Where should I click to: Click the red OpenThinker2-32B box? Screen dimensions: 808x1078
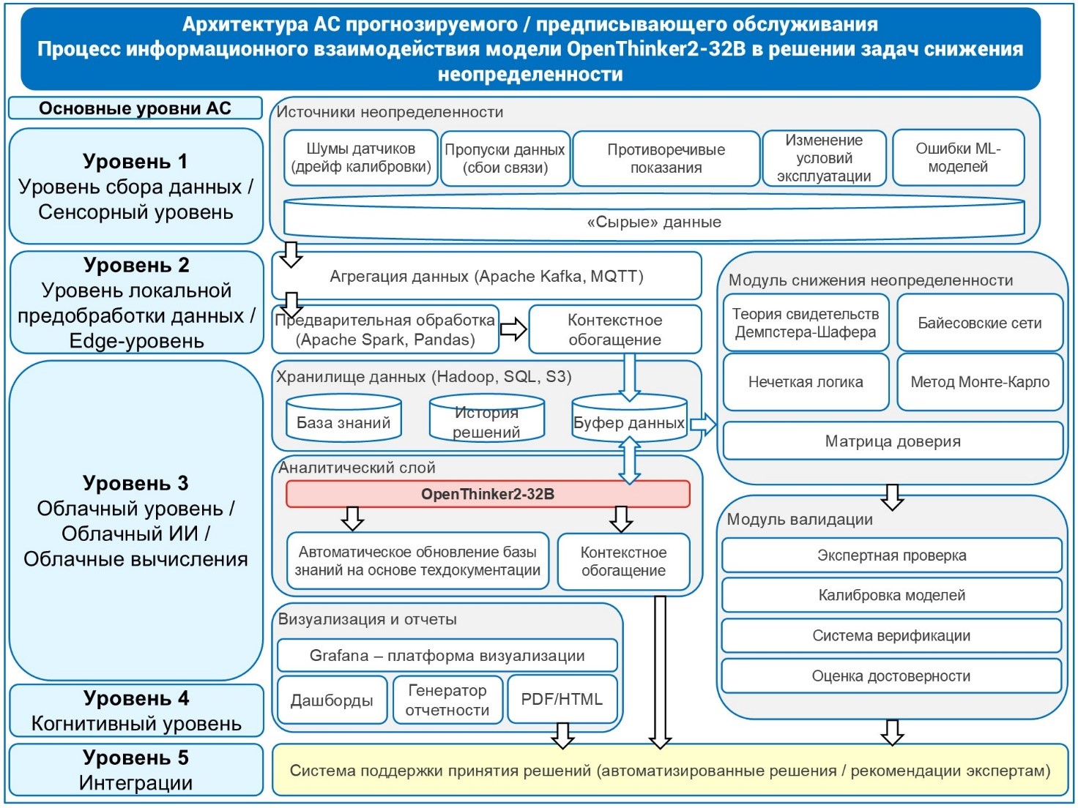(487, 494)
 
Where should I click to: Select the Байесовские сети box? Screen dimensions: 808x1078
(980, 323)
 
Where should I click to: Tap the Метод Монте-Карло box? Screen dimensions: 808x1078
(980, 382)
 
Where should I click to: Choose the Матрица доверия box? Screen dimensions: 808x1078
(893, 441)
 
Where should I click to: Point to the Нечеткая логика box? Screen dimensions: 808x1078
(806, 382)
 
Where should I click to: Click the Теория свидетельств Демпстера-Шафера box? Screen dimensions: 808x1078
(806, 323)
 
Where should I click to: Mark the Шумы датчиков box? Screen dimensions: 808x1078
(361, 158)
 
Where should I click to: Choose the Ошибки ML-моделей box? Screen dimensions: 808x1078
(958, 158)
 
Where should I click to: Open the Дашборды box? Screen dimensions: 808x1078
(332, 700)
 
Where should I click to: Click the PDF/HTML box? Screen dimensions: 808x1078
(562, 700)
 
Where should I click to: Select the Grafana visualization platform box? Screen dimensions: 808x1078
(447, 656)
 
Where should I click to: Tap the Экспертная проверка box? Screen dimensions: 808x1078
(891, 555)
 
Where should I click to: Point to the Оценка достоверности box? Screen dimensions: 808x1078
(891, 676)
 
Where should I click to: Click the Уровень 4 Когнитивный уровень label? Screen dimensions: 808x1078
(136, 711)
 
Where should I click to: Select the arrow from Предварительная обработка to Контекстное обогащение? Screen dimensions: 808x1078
(513, 329)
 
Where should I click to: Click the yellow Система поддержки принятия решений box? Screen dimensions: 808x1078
(669, 771)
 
